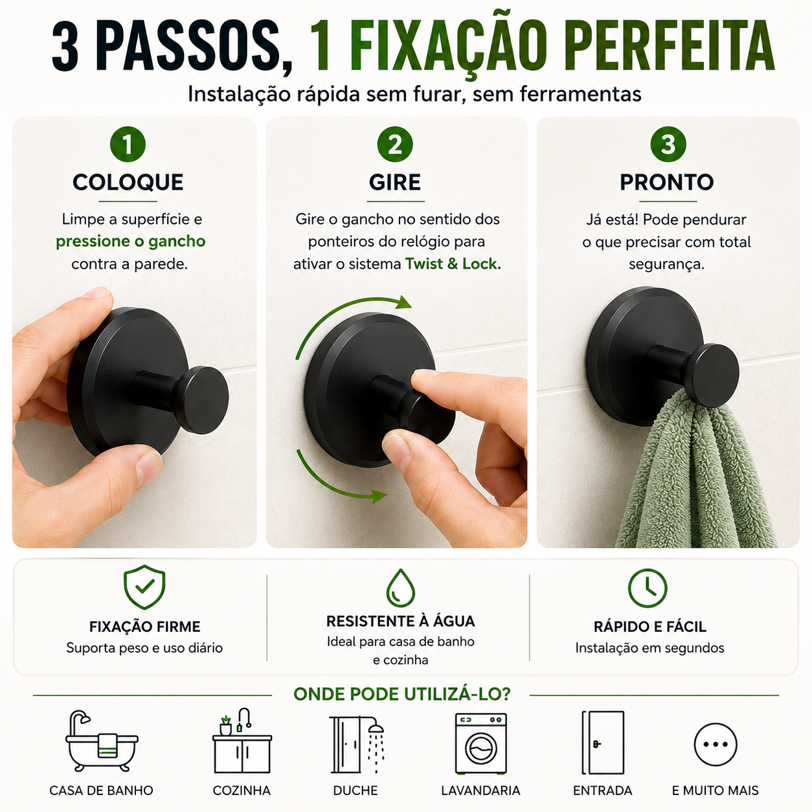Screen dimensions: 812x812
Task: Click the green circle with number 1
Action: [128, 144]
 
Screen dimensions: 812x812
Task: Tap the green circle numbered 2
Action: [395, 144]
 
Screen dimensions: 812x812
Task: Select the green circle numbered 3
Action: [668, 144]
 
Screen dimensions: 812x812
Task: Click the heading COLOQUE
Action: [128, 182]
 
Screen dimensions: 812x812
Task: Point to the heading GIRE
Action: [395, 182]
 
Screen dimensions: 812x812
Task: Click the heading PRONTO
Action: [666, 182]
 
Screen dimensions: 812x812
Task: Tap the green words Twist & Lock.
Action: [453, 264]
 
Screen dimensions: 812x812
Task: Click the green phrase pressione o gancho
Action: [131, 242]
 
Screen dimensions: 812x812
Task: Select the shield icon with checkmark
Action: [144, 587]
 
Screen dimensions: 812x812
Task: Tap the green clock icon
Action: [648, 588]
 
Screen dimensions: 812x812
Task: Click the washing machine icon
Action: [481, 743]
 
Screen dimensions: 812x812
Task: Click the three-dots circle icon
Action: [716, 745]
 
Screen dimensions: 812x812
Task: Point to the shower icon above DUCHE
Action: [357, 745]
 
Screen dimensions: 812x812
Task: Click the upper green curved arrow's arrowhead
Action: [403, 302]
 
